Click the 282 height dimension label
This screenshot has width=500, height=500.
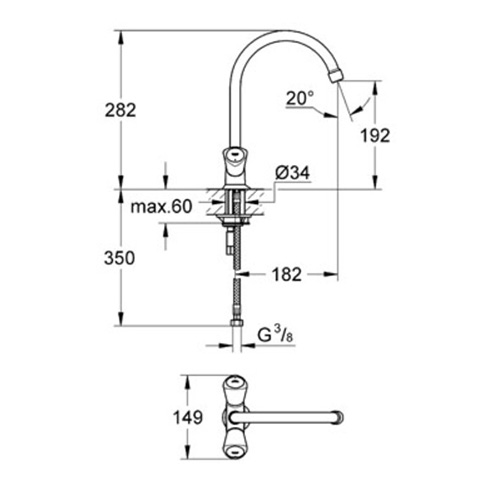pos(120,110)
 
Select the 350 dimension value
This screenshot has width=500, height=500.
pos(119,258)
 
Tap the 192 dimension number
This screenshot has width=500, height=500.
pos(375,136)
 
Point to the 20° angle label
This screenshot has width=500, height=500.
pos(300,98)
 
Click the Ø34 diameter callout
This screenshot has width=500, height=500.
pos(293,173)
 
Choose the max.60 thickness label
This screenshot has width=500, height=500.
pos(162,207)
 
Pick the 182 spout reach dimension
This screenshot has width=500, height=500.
pos(287,274)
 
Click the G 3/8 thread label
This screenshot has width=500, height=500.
pos(276,336)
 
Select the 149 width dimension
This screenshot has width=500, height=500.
pos(188,417)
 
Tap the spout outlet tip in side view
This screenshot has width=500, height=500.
pos(335,75)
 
